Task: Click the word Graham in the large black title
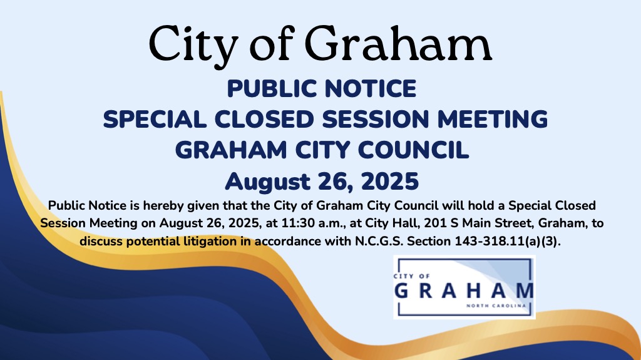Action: (x=398, y=44)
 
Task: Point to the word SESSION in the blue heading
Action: (x=376, y=119)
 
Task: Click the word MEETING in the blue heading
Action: (x=493, y=119)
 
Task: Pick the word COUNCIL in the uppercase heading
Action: (x=413, y=150)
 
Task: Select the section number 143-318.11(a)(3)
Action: (x=508, y=242)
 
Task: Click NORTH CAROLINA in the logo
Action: (x=496, y=306)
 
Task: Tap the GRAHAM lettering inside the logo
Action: (x=464, y=291)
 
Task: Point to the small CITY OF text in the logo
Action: (x=412, y=276)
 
